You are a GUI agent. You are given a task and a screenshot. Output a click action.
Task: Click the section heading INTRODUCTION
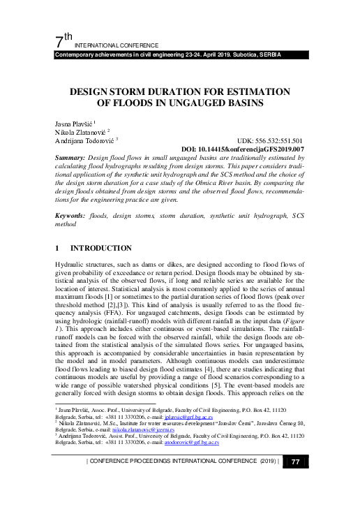coord(100,248)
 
